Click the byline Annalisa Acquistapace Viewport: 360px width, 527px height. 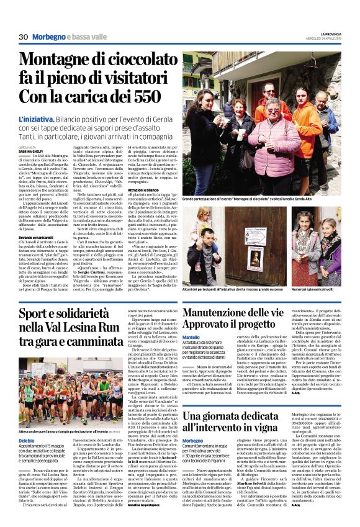click(164, 521)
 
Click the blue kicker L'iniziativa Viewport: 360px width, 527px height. click(37, 117)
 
